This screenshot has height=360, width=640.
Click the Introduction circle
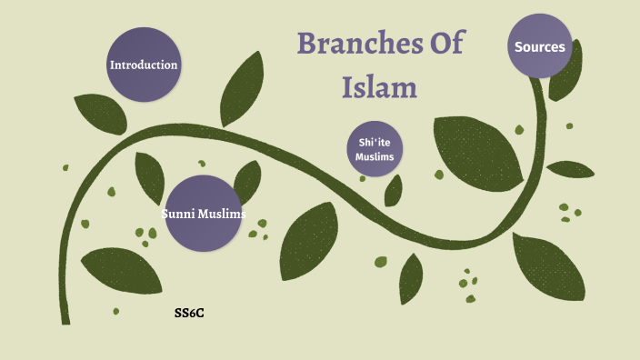[144, 65]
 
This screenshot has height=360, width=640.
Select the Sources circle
[539, 46]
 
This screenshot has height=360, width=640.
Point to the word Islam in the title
[379, 87]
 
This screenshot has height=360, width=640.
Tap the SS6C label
[188, 314]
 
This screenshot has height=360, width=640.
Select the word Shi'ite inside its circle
[375, 143]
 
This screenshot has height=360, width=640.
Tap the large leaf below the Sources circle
[475, 150]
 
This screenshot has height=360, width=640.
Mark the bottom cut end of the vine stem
[65, 321]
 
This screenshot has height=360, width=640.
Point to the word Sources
[539, 46]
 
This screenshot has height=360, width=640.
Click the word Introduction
[144, 65]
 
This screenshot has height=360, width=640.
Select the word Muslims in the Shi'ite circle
[375, 157]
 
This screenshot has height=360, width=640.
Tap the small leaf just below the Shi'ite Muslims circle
[394, 190]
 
